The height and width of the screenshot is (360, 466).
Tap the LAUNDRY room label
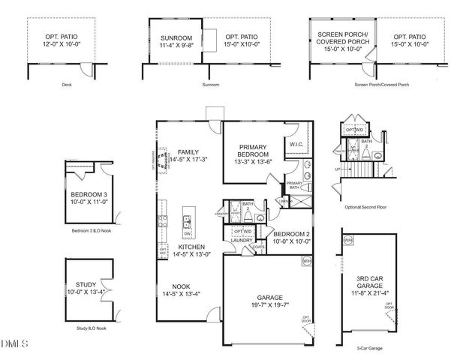[242, 241]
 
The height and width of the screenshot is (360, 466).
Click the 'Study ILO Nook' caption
[91, 328]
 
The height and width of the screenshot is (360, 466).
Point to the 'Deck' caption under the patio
[67, 85]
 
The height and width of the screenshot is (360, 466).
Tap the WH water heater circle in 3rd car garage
[348, 241]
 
